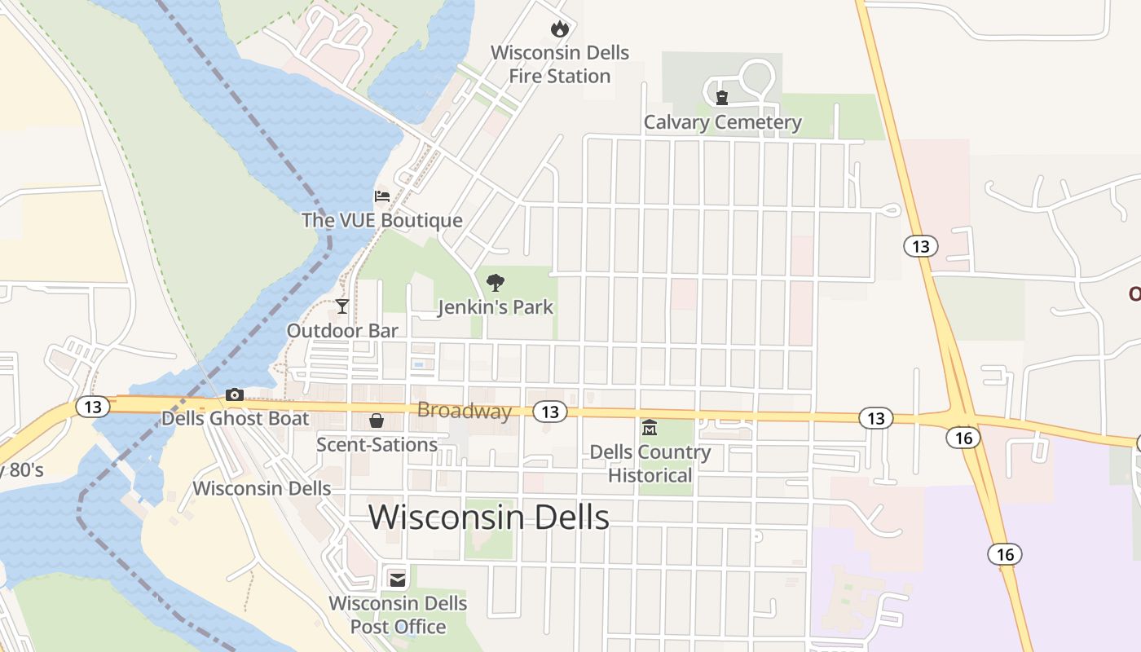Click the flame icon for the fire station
pos(559,29)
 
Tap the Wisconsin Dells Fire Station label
pos(559,64)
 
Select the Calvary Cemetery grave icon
pos(721,99)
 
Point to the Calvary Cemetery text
pos(722,123)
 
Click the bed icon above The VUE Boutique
pos(381,196)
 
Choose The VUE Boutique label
pos(381,220)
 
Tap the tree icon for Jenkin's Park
pos(495,284)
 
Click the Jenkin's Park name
pos(495,307)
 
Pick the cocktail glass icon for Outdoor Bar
pos(342,306)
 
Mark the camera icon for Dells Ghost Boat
pos(235,395)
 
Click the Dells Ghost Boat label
pos(235,419)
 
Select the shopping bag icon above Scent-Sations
pos(377,421)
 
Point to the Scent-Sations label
pos(377,444)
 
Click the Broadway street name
pos(464,411)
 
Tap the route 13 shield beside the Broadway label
pos(550,412)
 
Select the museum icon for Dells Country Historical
pos(650,428)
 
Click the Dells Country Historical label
pos(650,463)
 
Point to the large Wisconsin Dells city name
pos(489,518)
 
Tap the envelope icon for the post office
pos(398,579)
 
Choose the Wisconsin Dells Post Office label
pos(398,615)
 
